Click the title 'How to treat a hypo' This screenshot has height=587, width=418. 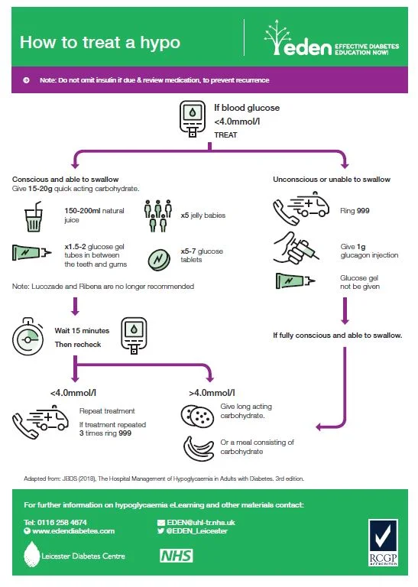pos(99,41)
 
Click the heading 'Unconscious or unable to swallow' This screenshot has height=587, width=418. pos(332,179)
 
